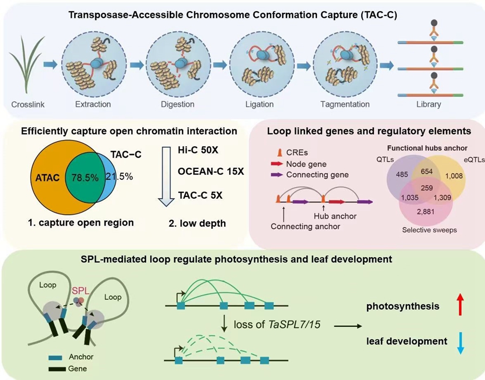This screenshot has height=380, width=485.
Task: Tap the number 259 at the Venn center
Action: pos(427,187)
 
